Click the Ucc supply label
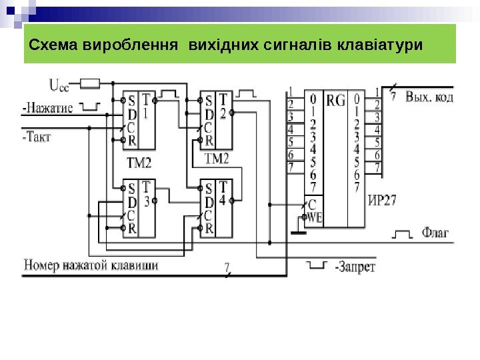tap(59, 85)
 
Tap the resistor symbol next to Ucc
tap(89, 84)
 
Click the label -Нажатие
tap(48, 107)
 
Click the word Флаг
tap(436, 233)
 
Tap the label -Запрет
tap(355, 267)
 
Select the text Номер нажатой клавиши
tap(91, 265)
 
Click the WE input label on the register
tap(314, 217)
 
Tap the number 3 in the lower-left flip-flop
tap(146, 201)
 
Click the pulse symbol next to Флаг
tap(402, 233)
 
